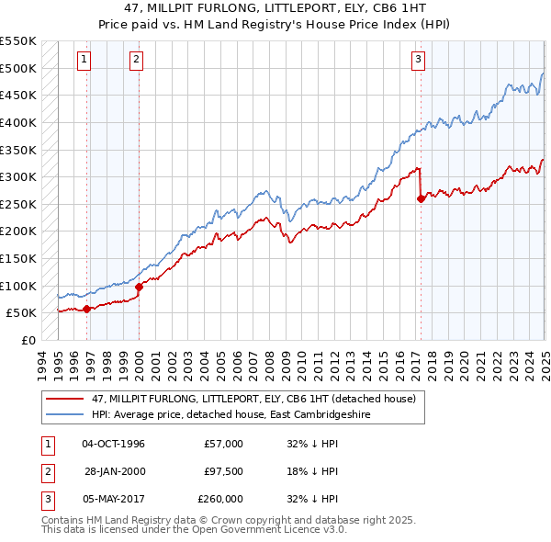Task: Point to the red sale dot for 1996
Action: [87, 309]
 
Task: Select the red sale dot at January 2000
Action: [139, 287]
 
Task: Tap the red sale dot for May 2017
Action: [422, 198]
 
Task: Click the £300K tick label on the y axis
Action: [18, 176]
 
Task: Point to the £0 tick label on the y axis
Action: [28, 340]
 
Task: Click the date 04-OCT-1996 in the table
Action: [113, 444]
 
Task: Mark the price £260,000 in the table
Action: [219, 499]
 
